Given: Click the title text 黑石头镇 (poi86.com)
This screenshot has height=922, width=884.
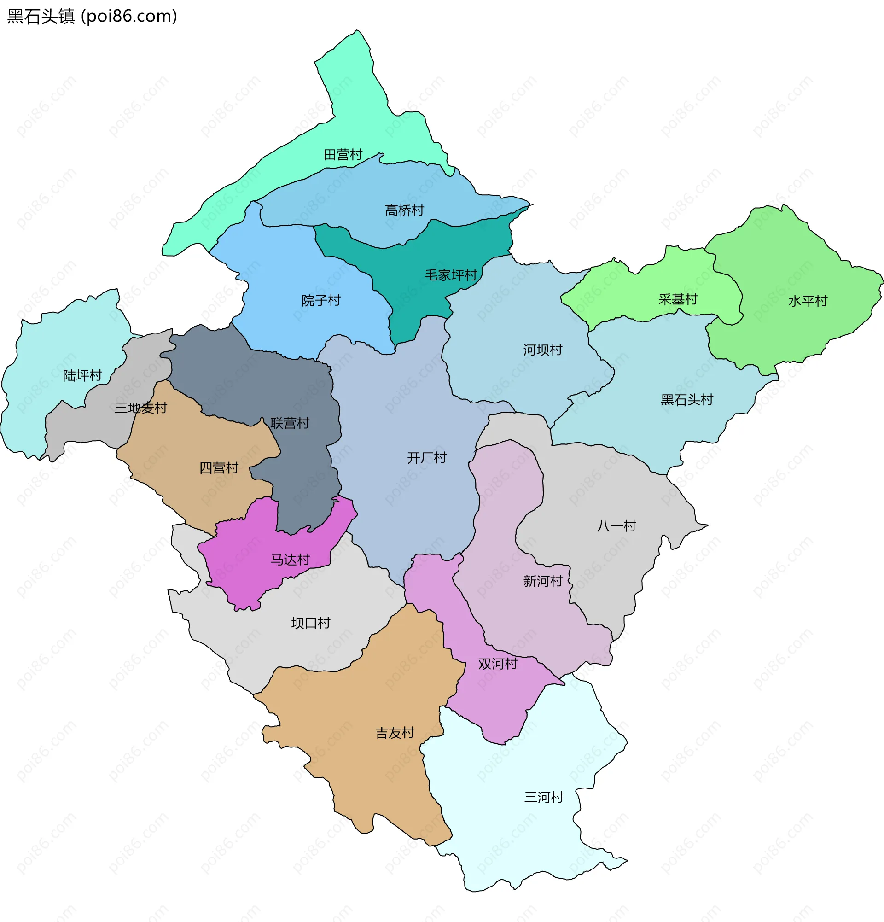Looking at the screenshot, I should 92,17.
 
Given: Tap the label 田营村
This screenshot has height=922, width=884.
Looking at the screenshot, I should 343,155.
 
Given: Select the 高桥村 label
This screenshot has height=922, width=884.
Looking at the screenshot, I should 404,210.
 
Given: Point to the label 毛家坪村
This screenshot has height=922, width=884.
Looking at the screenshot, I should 451,275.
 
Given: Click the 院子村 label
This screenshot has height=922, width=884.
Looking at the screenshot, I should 321,301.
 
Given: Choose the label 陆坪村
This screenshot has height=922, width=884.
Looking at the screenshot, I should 83,375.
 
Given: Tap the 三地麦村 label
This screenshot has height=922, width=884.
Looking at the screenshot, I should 141,408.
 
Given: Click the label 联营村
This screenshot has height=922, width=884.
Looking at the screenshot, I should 290,423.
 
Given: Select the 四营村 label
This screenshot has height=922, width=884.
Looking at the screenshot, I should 219,468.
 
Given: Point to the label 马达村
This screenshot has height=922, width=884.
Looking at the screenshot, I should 290,560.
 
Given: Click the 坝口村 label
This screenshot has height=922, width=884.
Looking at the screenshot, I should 311,623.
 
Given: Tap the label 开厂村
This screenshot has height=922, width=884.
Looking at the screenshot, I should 426,458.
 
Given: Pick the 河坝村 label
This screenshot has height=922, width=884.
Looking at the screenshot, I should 543,350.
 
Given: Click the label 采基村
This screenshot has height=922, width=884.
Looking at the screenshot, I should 678,299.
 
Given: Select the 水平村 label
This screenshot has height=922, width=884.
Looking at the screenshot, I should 808,301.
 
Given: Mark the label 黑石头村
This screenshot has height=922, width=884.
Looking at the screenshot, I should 687,400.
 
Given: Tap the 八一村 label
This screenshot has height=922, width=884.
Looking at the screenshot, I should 616,526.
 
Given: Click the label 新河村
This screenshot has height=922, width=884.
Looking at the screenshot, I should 543,581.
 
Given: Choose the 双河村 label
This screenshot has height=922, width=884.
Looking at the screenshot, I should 498,664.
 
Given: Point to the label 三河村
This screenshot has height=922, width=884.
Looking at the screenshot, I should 544,797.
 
